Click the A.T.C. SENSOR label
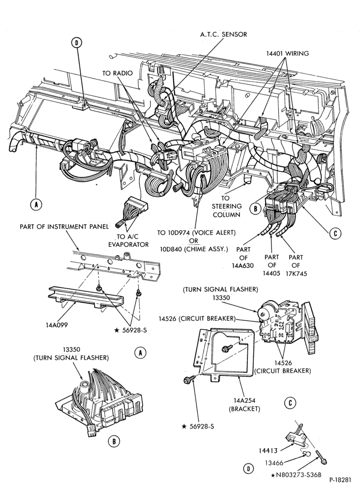coord(224,34)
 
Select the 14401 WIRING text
coord(287,53)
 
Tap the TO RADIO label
coord(117,73)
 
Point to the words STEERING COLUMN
coord(226,211)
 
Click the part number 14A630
coord(243,266)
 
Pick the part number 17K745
coord(296,274)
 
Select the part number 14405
coord(271,273)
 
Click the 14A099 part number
coord(57,325)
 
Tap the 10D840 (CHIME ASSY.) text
coord(194,249)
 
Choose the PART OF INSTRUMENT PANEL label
coord(64,226)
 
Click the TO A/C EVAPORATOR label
coord(128,241)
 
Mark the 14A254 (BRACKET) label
coord(244,404)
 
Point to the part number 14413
coord(268,451)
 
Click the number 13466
coord(274,463)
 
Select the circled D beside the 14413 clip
coord(248,469)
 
